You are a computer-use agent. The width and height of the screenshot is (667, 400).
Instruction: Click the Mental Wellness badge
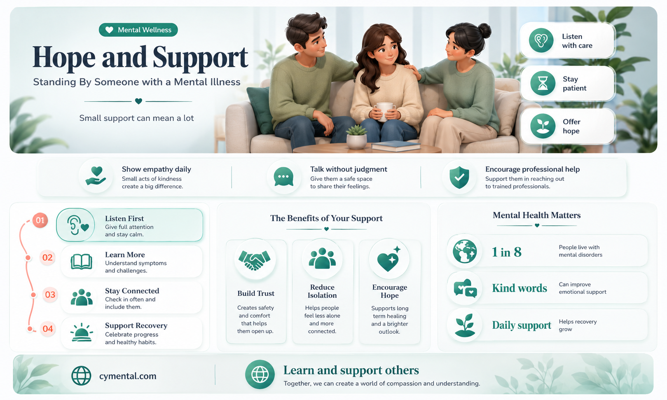[x=138, y=30]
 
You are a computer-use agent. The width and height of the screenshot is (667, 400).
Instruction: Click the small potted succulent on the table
[x=356, y=137]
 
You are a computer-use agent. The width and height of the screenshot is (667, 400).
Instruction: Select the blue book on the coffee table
[x=396, y=146]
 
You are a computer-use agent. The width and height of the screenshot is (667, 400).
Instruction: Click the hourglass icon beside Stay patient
[x=543, y=83]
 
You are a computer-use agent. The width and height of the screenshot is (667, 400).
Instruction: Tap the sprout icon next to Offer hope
[x=543, y=126]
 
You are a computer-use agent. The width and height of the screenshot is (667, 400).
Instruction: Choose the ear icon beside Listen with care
[x=541, y=40]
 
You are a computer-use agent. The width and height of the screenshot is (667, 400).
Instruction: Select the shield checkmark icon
[x=459, y=177]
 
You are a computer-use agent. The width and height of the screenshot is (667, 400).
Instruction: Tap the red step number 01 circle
[x=40, y=220]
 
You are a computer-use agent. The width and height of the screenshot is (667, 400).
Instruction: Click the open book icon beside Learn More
[x=81, y=262]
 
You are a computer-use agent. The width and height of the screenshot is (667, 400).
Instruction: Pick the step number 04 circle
[x=48, y=329]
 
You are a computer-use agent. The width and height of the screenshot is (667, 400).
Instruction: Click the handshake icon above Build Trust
[x=255, y=260]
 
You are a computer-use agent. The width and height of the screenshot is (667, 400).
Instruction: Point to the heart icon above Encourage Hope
[x=388, y=259]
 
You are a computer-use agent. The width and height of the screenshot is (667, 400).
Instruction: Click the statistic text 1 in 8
[x=506, y=252]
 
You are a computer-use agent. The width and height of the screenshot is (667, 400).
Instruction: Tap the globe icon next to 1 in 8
[x=465, y=251]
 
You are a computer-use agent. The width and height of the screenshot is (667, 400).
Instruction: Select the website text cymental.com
[x=128, y=376]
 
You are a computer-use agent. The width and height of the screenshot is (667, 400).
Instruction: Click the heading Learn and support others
[x=351, y=370]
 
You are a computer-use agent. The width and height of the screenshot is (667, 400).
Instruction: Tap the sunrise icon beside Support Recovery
[x=81, y=332]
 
